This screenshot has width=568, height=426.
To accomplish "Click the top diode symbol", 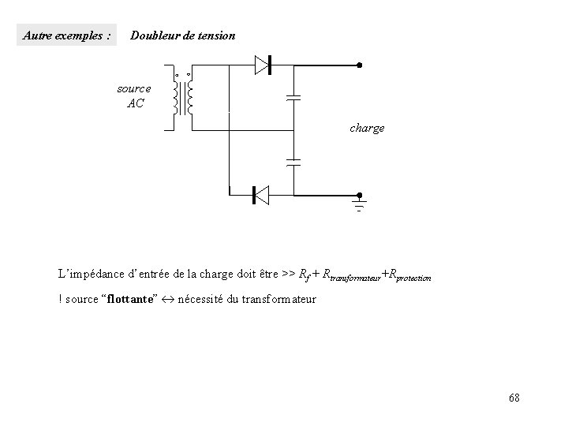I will coord(263,65).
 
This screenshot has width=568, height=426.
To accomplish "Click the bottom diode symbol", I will coord(259,194).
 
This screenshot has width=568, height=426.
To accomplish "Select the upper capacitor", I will coord(293,98).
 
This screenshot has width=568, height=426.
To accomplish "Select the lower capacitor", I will coord(293,162).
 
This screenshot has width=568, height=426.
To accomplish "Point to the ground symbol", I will coord(358,207).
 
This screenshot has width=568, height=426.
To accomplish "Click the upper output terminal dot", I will coord(358,65).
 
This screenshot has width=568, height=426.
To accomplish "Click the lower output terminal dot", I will coord(358,194).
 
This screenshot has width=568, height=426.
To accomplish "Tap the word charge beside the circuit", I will coord(367,127).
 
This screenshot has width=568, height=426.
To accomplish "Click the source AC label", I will coord(134,95).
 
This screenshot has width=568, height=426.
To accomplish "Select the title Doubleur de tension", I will coord(182,35).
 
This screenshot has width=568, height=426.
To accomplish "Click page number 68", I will coord(514,397).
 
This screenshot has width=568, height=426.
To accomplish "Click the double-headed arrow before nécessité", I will coord(168,299).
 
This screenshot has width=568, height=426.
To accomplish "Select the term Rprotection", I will coord(409,275).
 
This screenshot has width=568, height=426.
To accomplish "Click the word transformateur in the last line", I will coord(271,299).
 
